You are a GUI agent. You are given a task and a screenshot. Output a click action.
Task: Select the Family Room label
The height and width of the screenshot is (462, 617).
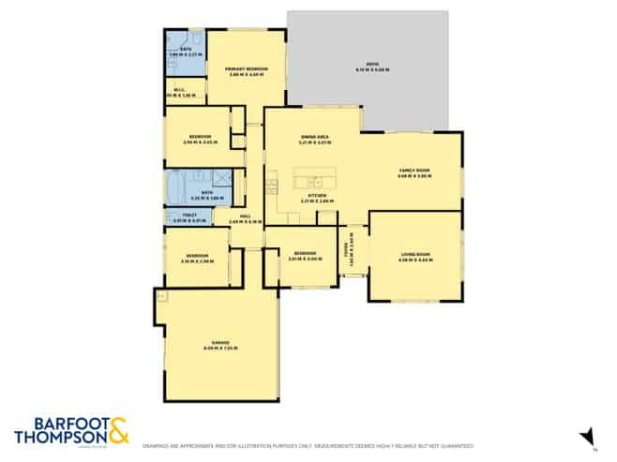click(x=413, y=172)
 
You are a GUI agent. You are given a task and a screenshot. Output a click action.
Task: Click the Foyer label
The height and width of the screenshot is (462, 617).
click(x=347, y=251)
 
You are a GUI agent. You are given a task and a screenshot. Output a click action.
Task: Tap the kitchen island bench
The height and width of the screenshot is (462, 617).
click(x=314, y=179)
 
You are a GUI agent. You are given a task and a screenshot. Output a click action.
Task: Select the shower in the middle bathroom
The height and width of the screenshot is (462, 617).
click(x=221, y=181)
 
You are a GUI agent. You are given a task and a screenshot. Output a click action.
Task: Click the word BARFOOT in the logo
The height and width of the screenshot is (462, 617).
click(x=54, y=423)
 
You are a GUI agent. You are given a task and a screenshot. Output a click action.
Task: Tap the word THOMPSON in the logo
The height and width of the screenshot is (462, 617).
click(x=56, y=438)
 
